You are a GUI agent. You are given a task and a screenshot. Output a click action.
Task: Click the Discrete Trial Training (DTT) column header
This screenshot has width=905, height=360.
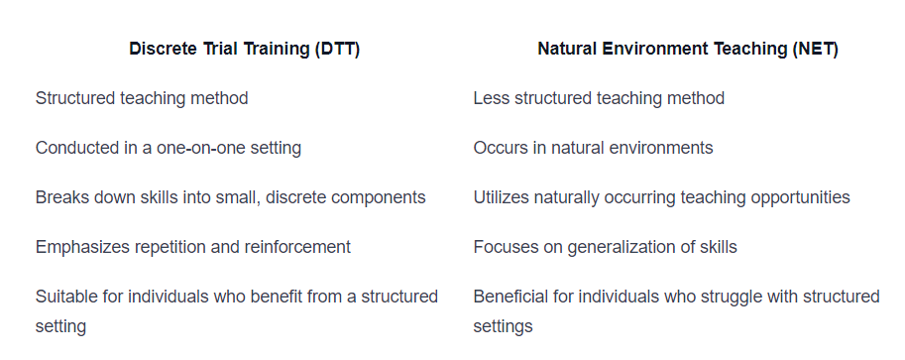(244, 50)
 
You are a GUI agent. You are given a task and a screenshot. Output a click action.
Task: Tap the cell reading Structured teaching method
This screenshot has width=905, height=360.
(142, 98)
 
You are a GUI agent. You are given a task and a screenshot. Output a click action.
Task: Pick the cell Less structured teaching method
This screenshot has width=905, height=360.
(599, 98)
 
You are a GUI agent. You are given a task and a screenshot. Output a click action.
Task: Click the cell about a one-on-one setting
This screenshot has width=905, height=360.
(169, 148)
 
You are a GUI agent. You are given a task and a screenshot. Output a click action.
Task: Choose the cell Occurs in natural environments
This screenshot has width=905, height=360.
(593, 148)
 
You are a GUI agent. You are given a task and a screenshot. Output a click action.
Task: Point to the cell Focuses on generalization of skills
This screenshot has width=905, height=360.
(605, 247)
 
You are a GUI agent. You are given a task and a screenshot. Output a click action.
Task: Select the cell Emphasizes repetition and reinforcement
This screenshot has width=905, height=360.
(192, 247)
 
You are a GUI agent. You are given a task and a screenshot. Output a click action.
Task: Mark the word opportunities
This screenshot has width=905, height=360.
(797, 197)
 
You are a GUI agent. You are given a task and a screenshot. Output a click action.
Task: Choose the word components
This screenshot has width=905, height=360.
(377, 197)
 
